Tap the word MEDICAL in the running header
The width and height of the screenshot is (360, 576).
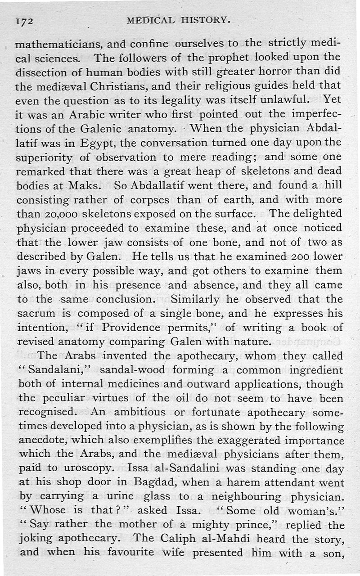150,20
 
